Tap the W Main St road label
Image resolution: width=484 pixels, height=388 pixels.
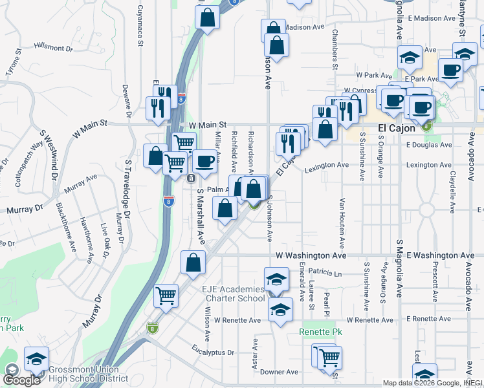[207, 124]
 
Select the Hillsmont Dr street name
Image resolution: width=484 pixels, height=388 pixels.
[58, 48]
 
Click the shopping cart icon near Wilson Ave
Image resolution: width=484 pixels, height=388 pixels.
[166, 296]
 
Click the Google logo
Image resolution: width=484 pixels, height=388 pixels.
[22, 380]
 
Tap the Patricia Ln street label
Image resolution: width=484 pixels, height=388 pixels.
[325, 274]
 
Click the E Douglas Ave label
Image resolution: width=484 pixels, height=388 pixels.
[430, 145]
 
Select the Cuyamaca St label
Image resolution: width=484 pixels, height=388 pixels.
[140, 27]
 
